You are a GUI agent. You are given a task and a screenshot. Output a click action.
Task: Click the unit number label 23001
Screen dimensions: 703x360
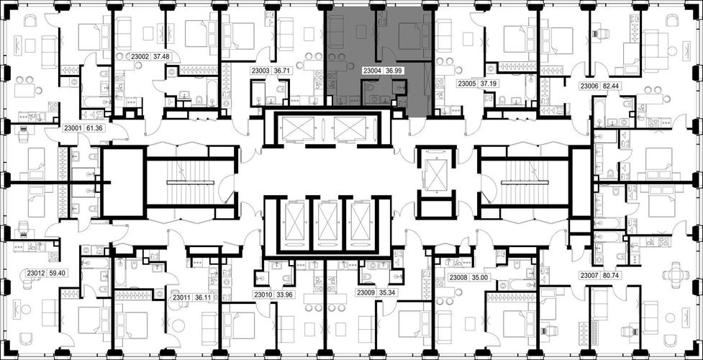[x=73, y=128]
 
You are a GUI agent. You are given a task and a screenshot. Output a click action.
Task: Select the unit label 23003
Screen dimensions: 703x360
[x=260, y=71]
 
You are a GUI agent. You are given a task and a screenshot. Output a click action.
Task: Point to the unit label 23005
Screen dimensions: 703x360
[x=467, y=84]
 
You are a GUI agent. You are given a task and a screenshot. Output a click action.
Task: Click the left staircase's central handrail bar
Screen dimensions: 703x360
[x=191, y=182]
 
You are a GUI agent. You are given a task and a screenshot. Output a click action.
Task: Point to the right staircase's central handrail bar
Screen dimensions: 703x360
[x=525, y=182]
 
